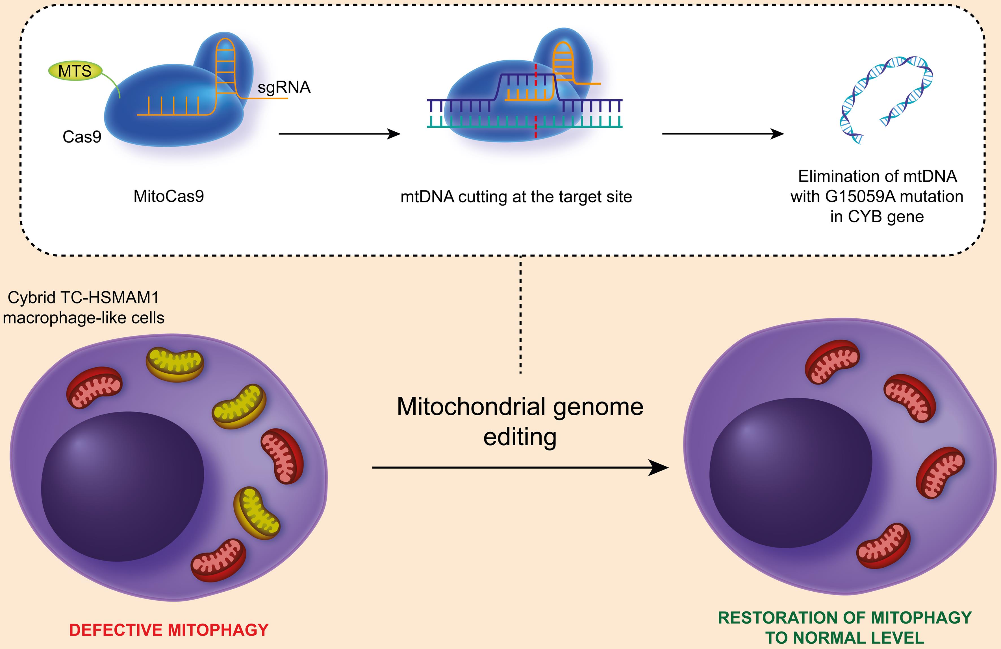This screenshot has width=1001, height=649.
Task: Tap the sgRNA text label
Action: (x=284, y=87)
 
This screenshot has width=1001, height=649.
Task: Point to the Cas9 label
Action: (x=82, y=137)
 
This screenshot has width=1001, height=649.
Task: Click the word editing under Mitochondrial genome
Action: (x=520, y=437)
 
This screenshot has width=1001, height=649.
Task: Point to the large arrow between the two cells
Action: (x=520, y=467)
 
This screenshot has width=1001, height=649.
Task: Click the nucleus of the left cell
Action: (x=122, y=486)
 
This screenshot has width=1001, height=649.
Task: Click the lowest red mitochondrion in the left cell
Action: (x=219, y=560)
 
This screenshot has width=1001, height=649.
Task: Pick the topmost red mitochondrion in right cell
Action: (x=832, y=362)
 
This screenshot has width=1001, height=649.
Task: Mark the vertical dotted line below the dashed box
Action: (x=521, y=315)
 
